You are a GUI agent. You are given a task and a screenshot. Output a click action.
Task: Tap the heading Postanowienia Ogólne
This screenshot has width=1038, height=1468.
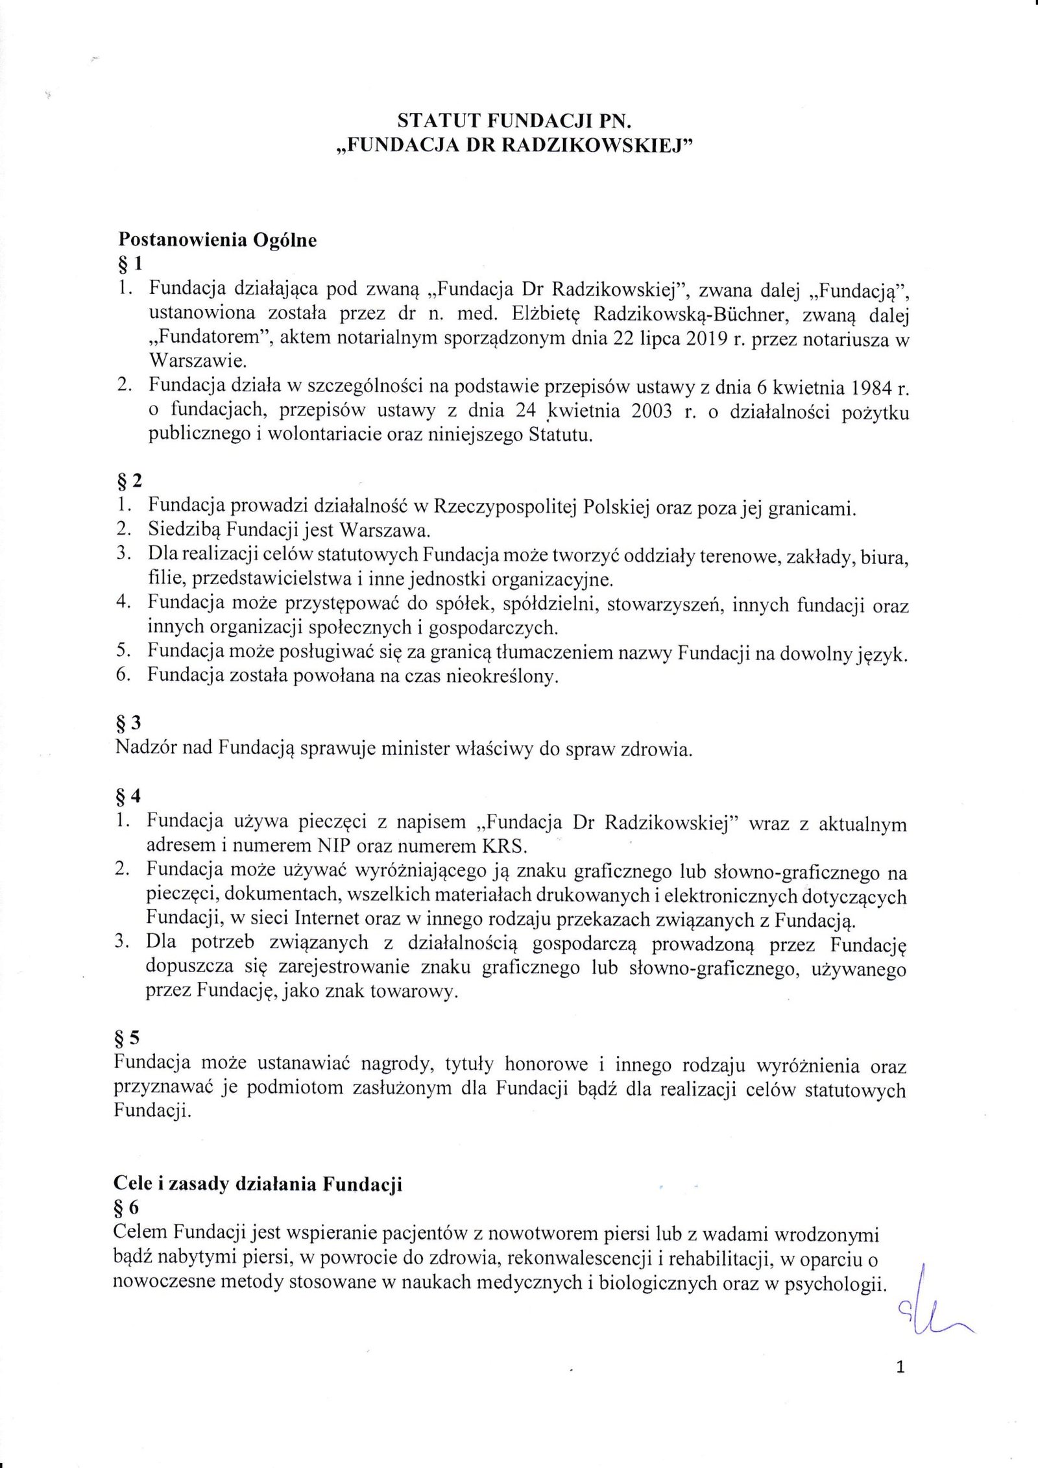coord(217,240)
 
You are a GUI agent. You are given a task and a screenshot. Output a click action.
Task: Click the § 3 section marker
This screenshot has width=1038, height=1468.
coord(128,722)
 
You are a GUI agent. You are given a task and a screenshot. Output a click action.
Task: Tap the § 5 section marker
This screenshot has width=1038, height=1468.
coord(127,1038)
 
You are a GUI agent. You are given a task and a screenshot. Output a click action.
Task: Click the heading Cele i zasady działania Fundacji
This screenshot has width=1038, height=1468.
coord(258,1184)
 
